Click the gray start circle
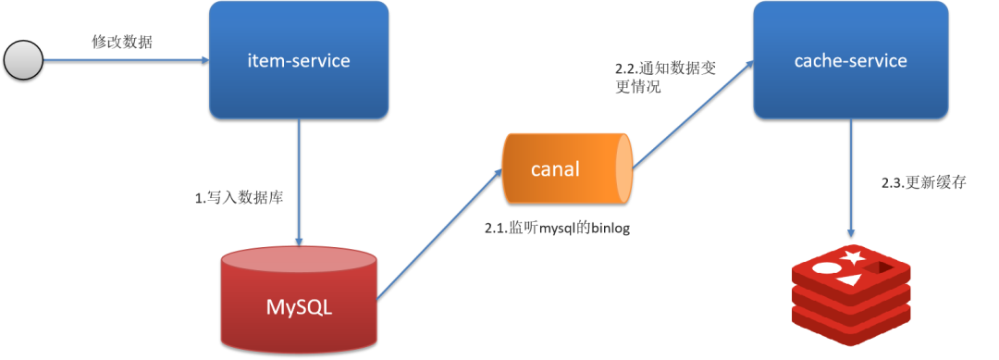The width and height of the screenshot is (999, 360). [22, 61]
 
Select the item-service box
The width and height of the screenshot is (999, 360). [299, 61]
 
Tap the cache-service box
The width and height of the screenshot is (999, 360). [850, 61]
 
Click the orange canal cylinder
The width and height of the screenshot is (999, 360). [566, 168]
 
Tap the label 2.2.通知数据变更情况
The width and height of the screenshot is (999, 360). [665, 78]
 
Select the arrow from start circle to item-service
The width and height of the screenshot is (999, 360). [125, 61]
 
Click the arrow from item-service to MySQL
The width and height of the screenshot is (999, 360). [299, 180]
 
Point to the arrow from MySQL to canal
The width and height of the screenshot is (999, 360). [440, 237]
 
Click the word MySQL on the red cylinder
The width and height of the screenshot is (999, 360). [299, 306]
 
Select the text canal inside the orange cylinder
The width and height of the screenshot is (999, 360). [555, 168]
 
